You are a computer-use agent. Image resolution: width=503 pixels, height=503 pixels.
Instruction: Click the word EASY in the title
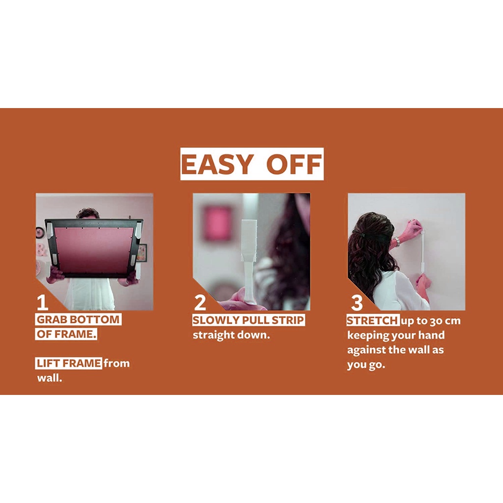pyautogui.click(x=217, y=164)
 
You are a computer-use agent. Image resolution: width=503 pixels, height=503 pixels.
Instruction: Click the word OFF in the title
pyautogui.click(x=294, y=164)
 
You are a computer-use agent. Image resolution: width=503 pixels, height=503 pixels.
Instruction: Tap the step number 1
pyautogui.click(x=42, y=303)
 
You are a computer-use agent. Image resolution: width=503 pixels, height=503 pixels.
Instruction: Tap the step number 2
pyautogui.click(x=200, y=303)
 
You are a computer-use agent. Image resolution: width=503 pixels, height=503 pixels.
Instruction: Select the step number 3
pyautogui.click(x=357, y=303)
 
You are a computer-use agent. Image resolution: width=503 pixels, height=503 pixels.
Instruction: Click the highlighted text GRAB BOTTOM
pyautogui.click(x=78, y=319)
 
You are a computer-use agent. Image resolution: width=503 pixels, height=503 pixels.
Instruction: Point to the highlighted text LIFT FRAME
pyautogui.click(x=69, y=363)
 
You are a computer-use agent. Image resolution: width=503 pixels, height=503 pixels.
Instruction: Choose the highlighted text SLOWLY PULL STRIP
pyautogui.click(x=248, y=320)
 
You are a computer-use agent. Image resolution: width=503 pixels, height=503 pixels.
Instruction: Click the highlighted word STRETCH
pyautogui.click(x=373, y=320)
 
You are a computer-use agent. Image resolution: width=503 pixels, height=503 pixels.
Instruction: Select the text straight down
pyautogui.click(x=231, y=335)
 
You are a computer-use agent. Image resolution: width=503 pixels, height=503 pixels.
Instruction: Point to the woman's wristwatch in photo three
pyautogui.click(x=398, y=241)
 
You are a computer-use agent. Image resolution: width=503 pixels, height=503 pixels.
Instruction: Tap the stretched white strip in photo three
pyautogui.click(x=422, y=251)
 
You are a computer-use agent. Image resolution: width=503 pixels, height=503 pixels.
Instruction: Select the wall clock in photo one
pyautogui.click(x=40, y=232)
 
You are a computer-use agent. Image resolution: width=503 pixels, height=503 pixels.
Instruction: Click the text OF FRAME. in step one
pyautogui.click(x=66, y=334)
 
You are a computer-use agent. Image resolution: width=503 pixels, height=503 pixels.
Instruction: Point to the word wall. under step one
pyautogui.click(x=50, y=378)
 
